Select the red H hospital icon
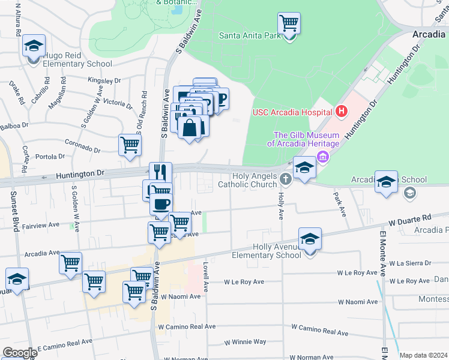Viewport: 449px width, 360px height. click(x=341, y=111)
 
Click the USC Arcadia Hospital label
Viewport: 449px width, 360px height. click(x=292, y=112)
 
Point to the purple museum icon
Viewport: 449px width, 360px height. click(x=324, y=157)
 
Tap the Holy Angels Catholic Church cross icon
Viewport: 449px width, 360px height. click(x=286, y=178)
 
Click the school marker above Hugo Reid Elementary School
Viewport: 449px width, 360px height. click(x=34, y=46)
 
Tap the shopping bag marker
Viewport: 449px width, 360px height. click(x=189, y=128)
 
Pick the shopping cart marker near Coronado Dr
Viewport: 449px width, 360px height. click(x=130, y=145)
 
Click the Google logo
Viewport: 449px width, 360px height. click(x=20, y=353)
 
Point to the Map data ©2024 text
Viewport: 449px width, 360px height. click(x=423, y=355)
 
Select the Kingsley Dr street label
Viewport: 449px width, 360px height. click(x=104, y=79)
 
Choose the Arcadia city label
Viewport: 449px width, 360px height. click(x=428, y=34)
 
